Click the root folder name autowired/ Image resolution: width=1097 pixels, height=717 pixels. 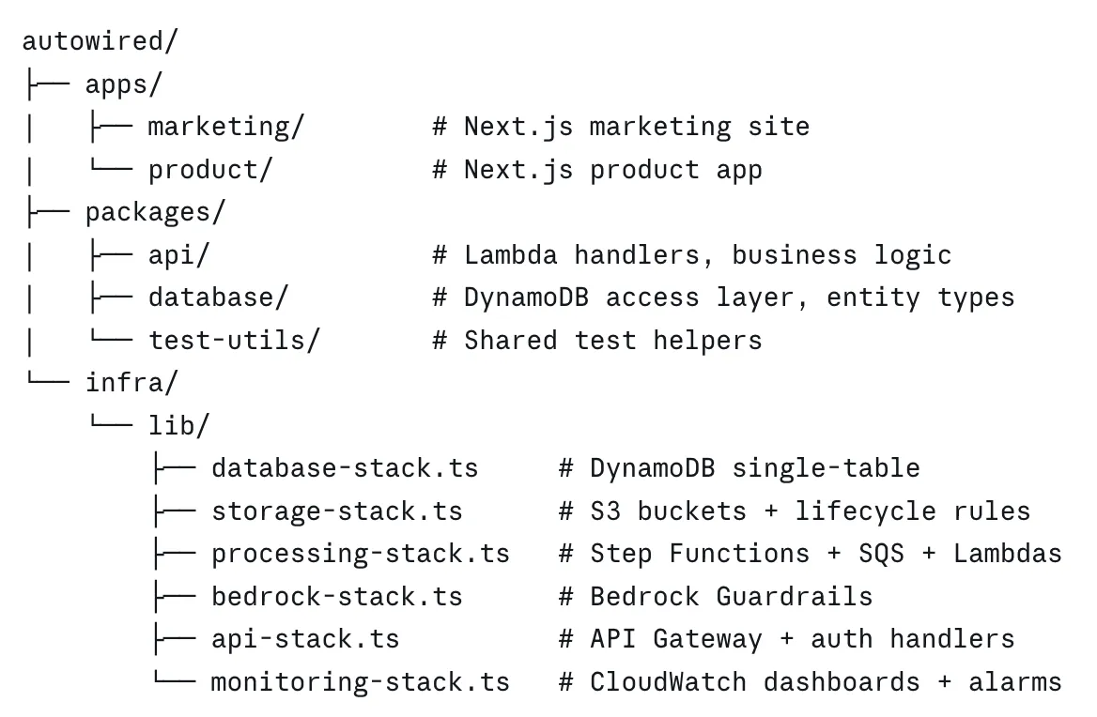[100, 41]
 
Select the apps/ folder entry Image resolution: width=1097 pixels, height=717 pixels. [124, 84]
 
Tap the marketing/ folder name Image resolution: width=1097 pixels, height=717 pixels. [226, 128]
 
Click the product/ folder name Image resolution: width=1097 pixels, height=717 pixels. [209, 171]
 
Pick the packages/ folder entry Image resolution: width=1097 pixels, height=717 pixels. [155, 212]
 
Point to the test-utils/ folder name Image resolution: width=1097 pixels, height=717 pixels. [234, 341]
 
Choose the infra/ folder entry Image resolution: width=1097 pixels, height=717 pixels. [131, 383]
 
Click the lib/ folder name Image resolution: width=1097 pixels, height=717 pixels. [178, 425]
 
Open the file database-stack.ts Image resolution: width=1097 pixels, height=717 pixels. [345, 468]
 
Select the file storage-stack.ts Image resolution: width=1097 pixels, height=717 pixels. [337, 511]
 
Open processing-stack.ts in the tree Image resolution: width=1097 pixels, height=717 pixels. [361, 554]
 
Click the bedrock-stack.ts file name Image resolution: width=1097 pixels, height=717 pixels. [337, 597]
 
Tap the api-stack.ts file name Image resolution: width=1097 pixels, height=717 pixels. [306, 639]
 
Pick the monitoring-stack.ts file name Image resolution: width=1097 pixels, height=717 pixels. [361, 682]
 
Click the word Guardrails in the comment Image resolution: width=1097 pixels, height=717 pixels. [795, 597]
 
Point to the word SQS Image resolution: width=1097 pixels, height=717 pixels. [882, 554]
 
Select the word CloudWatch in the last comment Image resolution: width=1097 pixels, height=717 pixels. [668, 682]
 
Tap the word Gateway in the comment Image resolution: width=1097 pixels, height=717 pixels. [707, 640]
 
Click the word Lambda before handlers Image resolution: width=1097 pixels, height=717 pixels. [511, 255]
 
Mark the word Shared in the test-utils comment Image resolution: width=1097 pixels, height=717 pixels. [511, 341]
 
